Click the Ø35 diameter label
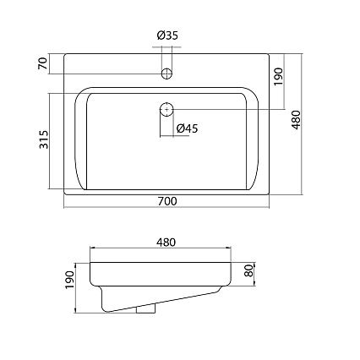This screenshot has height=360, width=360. click(167, 35)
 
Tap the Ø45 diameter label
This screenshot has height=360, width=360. click(188, 128)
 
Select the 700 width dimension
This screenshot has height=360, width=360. click(167, 201)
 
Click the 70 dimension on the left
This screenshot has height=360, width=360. click(43, 63)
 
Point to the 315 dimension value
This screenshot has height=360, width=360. click(44, 139)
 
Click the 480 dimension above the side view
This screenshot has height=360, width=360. click(166, 243)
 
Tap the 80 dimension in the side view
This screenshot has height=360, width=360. click(249, 270)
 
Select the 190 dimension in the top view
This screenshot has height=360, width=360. click(278, 77)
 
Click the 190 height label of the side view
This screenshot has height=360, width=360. click(69, 280)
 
